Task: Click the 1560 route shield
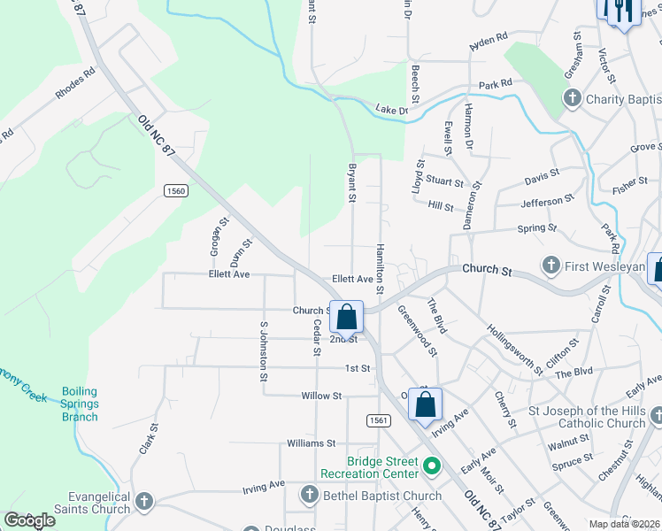tap(175, 190)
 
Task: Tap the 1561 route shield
tap(378, 421)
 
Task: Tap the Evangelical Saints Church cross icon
tap(143, 503)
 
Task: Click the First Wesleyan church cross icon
tap(550, 265)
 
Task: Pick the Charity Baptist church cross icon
tap(572, 98)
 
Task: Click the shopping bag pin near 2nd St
tap(347, 316)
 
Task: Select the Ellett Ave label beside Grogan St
tap(229, 274)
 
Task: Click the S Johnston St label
tap(263, 351)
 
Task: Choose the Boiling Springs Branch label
tap(80, 404)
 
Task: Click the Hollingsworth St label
tap(514, 348)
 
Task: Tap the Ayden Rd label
tap(488, 41)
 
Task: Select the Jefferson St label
tap(542, 203)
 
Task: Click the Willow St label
tap(320, 396)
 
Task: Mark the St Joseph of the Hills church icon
tap(655, 415)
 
